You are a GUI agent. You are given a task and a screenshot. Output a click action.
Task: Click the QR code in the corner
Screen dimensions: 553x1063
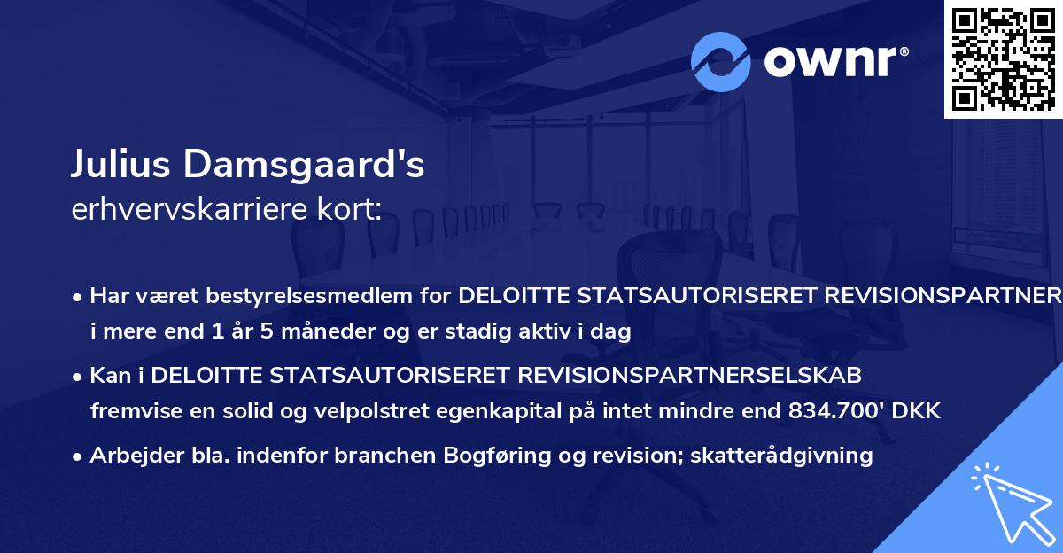pyautogui.click(x=1002, y=58)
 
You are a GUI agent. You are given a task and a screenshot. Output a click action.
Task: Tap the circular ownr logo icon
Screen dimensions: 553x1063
pyautogui.click(x=721, y=61)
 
